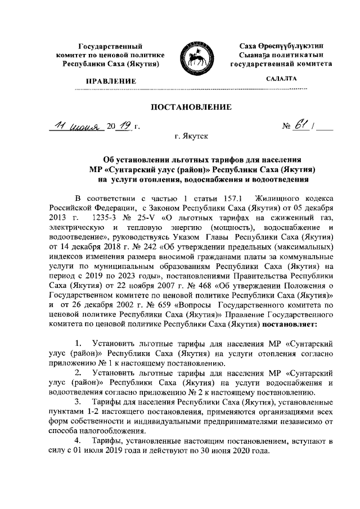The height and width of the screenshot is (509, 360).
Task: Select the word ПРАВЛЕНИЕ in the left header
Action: click(x=110, y=82)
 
